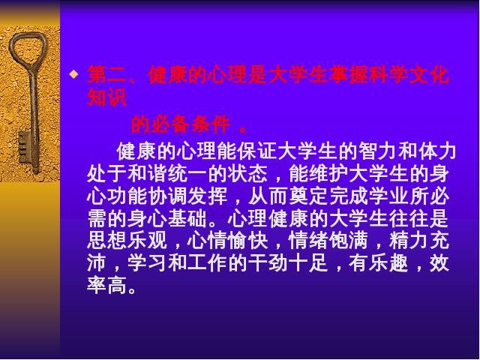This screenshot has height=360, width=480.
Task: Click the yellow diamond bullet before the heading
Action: pos(73,74)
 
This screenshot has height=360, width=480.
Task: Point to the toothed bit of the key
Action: pos(24,148)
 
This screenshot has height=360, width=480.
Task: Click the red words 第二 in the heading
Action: pos(106,75)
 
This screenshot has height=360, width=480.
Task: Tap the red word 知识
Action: pos(106,97)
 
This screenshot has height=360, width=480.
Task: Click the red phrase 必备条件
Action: pos(190,124)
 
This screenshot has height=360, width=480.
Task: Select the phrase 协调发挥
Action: pos(187,196)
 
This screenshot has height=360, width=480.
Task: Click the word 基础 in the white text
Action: pos(187,218)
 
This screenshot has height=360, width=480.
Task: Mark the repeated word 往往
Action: pos(409,218)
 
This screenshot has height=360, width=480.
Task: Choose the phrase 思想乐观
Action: pos(127,241)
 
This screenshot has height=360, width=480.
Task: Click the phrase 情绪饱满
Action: pos(328,241)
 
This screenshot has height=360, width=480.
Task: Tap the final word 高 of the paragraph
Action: pos(117,286)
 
